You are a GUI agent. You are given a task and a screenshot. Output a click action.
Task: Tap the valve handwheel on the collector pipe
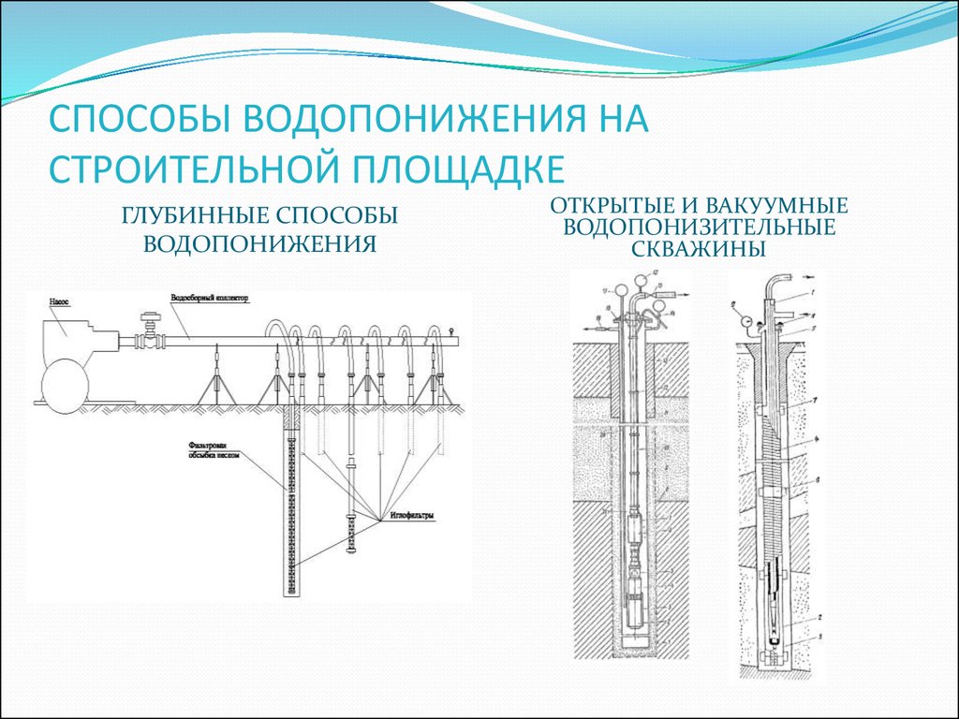pos(148,315)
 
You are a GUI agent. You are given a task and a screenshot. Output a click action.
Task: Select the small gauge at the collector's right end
pos(451,329)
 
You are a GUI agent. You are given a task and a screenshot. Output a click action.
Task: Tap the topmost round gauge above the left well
pos(639,278)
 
